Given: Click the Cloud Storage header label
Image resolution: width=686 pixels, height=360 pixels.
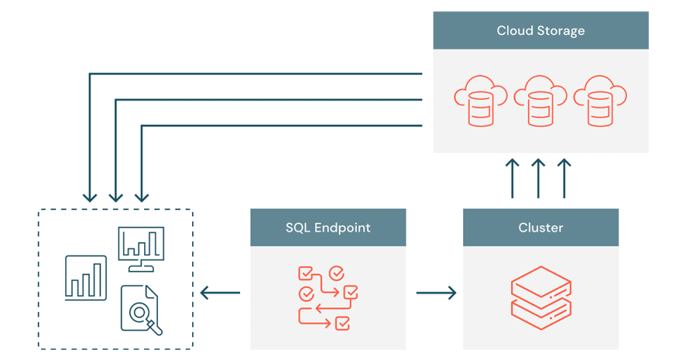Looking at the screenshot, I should tap(541, 31).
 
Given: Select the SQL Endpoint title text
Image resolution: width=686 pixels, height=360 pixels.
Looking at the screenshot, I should tap(328, 228).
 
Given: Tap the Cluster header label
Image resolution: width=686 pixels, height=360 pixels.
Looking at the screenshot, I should tap(541, 228).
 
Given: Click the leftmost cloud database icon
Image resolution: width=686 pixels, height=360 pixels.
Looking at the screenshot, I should tap(480, 101).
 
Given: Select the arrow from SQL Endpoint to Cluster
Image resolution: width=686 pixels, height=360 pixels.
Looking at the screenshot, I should tap(436, 293).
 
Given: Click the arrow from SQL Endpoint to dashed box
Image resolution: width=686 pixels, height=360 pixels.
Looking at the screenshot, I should tap(220, 293).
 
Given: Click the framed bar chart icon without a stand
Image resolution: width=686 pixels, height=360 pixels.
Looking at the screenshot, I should tap(86, 277).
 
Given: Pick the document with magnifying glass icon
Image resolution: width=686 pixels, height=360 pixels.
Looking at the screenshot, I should tap(141, 310).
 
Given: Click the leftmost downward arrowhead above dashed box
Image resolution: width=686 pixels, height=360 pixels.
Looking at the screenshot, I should tap(90, 196).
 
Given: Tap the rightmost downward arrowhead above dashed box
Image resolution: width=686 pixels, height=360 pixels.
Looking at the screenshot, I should tap(141, 196).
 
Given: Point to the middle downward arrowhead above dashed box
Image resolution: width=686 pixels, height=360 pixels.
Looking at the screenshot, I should tap(116, 196).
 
